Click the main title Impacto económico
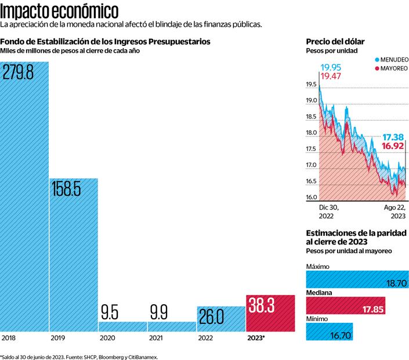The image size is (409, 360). tap(60, 11)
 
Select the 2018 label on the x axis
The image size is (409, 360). tap(9, 337)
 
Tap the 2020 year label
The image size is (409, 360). tap(107, 337)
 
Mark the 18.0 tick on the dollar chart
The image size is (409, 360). tap(312, 133)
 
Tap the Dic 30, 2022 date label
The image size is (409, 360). tap(328, 211)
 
